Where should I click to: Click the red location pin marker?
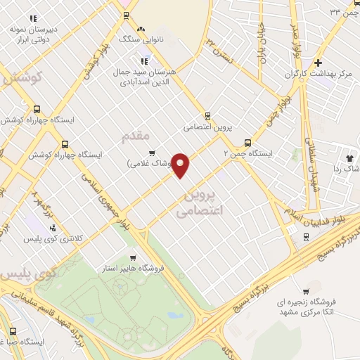(x=181, y=165)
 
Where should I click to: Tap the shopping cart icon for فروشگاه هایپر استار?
(x=132, y=257)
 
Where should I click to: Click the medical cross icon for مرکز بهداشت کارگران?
(x=318, y=62)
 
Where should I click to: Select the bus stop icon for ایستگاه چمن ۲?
(x=247, y=143)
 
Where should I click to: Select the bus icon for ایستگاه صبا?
(x=13, y=331)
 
